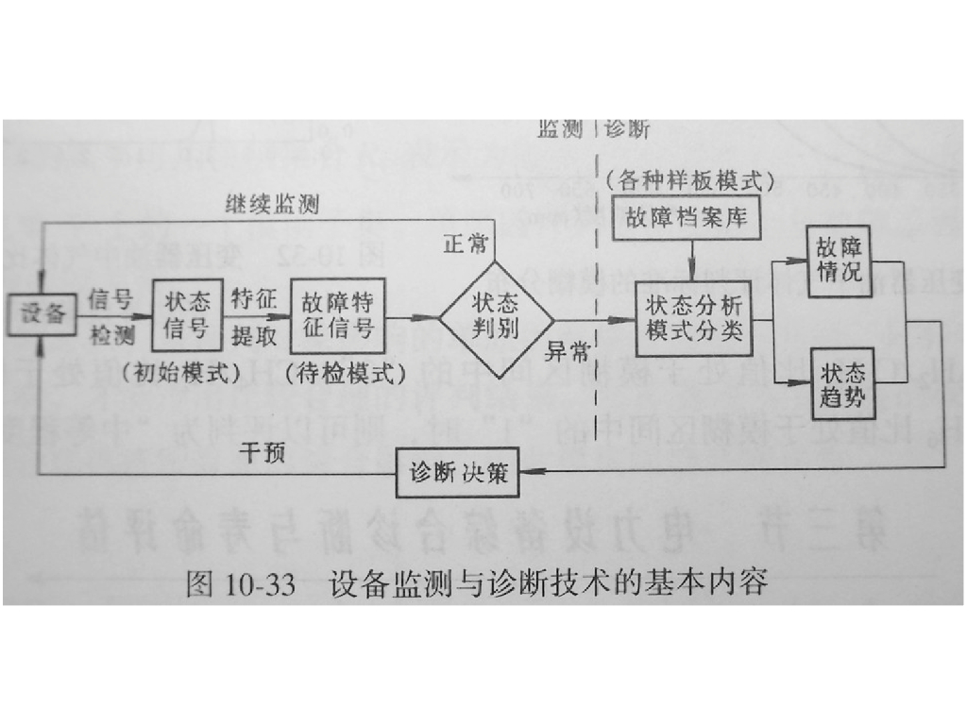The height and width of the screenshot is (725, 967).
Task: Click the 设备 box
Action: tap(41, 315)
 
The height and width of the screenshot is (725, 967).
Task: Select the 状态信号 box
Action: tap(188, 315)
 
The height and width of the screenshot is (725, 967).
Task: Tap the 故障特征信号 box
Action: tap(337, 315)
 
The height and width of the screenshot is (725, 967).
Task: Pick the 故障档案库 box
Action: tap(687, 218)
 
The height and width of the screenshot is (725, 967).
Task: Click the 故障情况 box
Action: tap(839, 261)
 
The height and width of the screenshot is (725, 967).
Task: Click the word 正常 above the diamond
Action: tap(466, 244)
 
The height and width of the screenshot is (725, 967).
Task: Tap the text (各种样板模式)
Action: tap(689, 179)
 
